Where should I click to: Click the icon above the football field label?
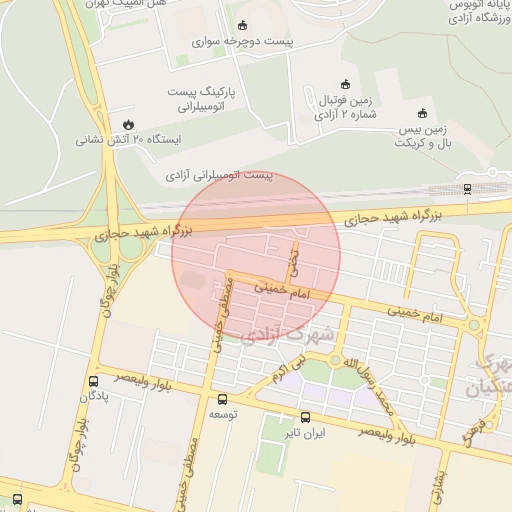[x=346, y=83]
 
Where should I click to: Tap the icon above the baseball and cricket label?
[x=421, y=112]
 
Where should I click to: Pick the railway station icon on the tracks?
[x=467, y=188]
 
